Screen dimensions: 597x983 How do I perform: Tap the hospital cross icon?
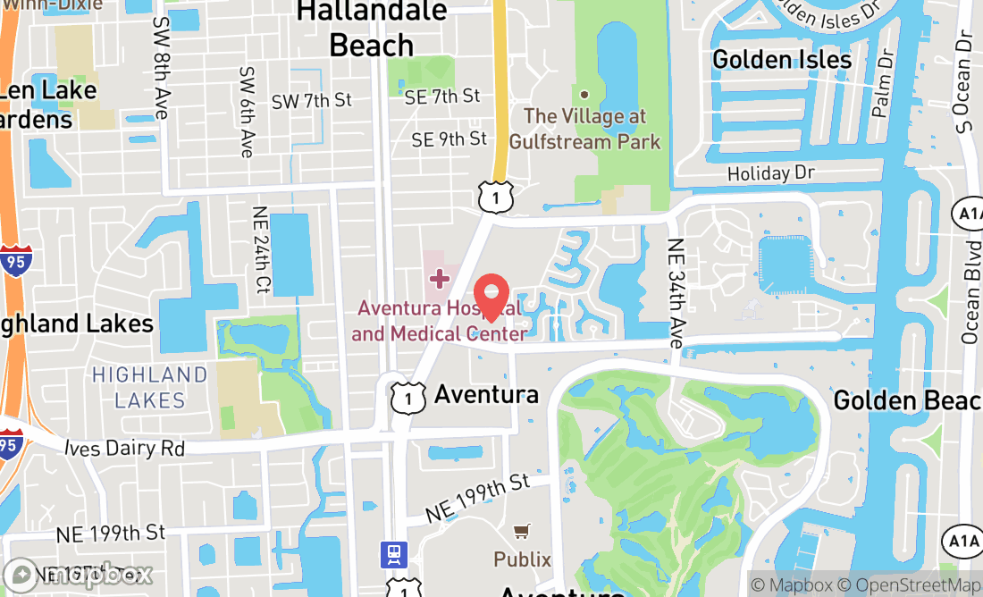[439, 279]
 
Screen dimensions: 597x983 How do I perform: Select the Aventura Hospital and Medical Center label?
[439, 321]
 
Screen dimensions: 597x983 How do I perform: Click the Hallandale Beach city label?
[372, 28]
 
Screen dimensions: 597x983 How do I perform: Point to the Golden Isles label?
[782, 60]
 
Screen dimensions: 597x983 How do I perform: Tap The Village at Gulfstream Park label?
[585, 129]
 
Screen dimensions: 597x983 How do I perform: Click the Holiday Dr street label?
[774, 173]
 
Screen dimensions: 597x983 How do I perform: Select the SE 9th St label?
[449, 139]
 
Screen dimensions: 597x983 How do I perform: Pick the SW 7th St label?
[312, 101]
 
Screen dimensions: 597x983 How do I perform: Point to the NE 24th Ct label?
[261, 251]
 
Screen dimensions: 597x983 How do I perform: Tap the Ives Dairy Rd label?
[125, 448]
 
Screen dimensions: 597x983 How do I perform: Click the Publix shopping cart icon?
[523, 532]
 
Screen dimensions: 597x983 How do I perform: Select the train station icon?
[393, 553]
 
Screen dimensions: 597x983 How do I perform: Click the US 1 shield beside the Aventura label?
[408, 398]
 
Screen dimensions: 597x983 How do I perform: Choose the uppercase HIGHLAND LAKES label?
[150, 387]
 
